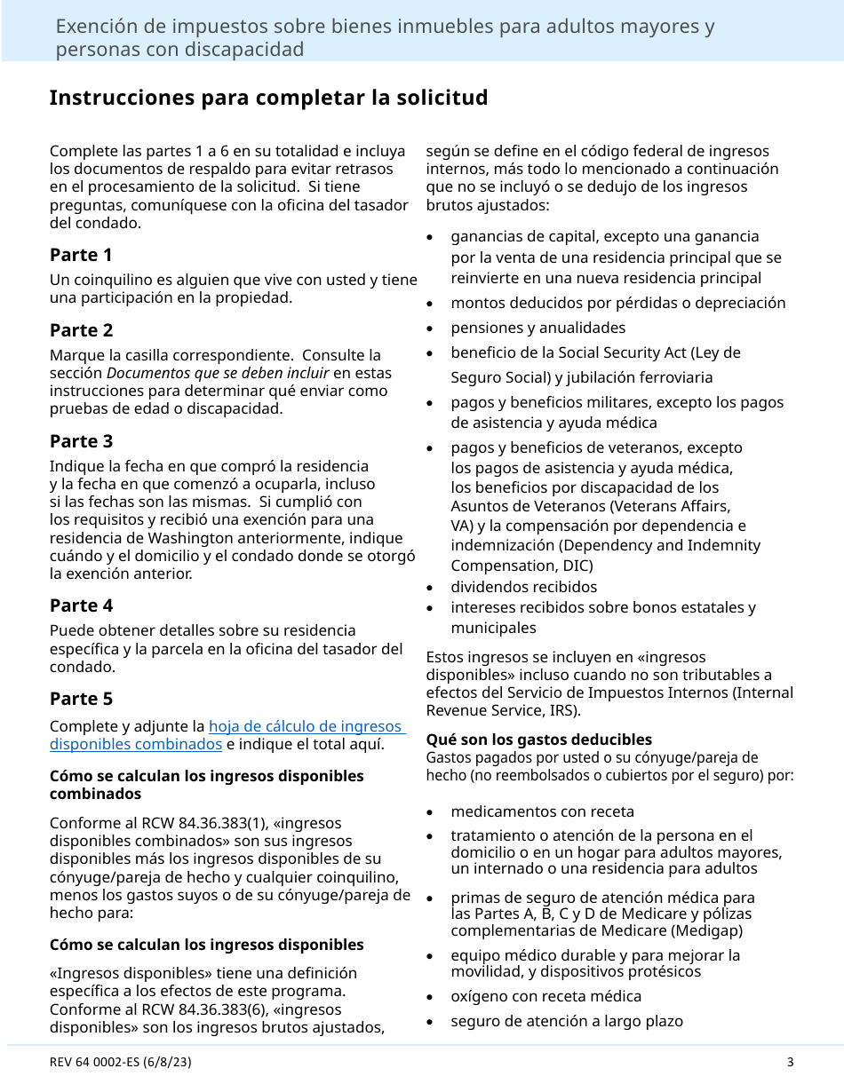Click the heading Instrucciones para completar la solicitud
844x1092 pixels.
268,98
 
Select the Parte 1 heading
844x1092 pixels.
81,255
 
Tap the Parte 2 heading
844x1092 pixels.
81,330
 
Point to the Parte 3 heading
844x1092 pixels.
81,441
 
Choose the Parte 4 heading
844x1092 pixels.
81,605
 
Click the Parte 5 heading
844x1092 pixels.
81,699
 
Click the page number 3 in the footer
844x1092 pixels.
790,1062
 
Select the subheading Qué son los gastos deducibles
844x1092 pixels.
538,740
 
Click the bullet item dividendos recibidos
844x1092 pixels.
523,587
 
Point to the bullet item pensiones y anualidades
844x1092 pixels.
537,328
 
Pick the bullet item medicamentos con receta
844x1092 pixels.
542,811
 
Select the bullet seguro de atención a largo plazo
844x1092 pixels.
566,1021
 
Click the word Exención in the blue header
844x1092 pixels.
95,27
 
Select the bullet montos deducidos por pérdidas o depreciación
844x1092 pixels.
617,303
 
